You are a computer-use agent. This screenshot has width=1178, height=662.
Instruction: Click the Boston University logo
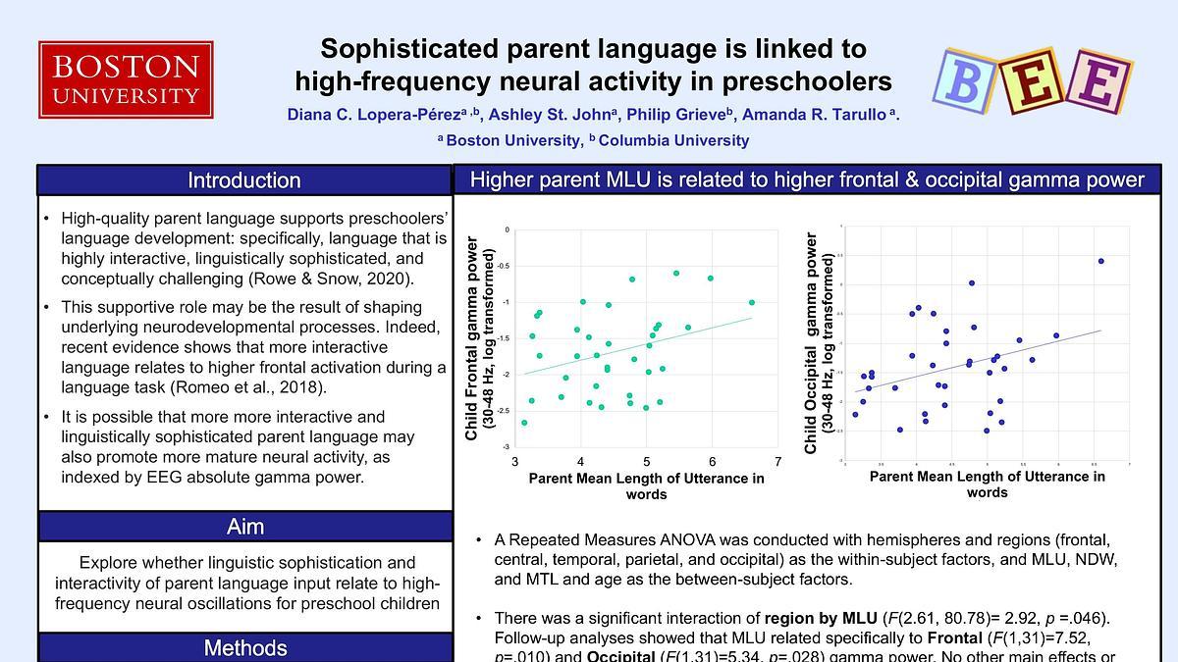(x=126, y=78)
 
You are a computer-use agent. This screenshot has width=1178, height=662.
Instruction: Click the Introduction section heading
(x=244, y=180)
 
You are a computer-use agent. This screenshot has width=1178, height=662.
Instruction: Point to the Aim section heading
(x=244, y=527)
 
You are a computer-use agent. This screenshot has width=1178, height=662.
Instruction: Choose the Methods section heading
(x=244, y=648)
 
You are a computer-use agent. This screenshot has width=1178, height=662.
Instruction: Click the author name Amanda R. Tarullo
(x=816, y=116)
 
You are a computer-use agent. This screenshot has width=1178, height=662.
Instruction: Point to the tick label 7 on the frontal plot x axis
(x=777, y=461)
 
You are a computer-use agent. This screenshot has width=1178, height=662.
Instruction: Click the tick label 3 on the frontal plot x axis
(x=515, y=461)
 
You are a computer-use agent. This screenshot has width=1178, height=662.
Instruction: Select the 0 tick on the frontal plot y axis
(x=507, y=230)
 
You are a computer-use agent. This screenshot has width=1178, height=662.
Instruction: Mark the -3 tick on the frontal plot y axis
(x=507, y=447)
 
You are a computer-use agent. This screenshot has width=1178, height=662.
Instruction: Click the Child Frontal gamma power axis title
(x=478, y=338)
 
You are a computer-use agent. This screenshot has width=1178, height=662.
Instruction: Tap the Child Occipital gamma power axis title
(x=818, y=343)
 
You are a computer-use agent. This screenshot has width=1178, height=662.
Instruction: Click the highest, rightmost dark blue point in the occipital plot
(x=1100, y=261)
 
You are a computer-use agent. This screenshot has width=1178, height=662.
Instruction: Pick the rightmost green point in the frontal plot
(x=752, y=302)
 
